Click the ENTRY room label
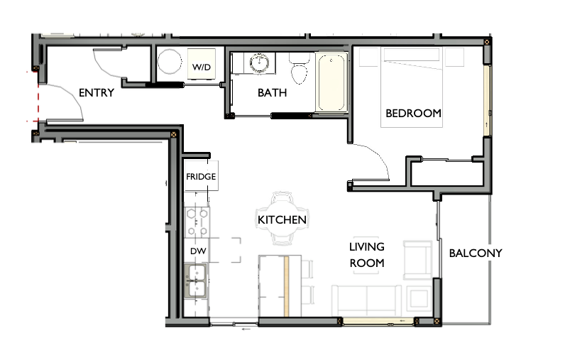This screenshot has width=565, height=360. click(x=96, y=92)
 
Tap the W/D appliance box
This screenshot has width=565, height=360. click(x=201, y=67)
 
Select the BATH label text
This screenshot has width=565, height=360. click(x=272, y=92)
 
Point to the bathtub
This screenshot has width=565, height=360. click(x=332, y=82)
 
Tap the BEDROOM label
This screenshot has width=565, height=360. click(x=413, y=113)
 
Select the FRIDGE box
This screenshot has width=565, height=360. click(x=201, y=176)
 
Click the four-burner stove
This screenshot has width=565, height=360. click(x=197, y=222)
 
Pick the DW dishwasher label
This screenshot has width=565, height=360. click(x=197, y=251)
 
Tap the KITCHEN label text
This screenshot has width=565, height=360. click(x=282, y=220)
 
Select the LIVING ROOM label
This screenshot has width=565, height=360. click(x=366, y=255)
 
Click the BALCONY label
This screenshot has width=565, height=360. click(x=476, y=253)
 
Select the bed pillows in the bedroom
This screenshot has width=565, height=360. click(x=413, y=57)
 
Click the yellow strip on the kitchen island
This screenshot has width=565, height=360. click(x=286, y=286)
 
